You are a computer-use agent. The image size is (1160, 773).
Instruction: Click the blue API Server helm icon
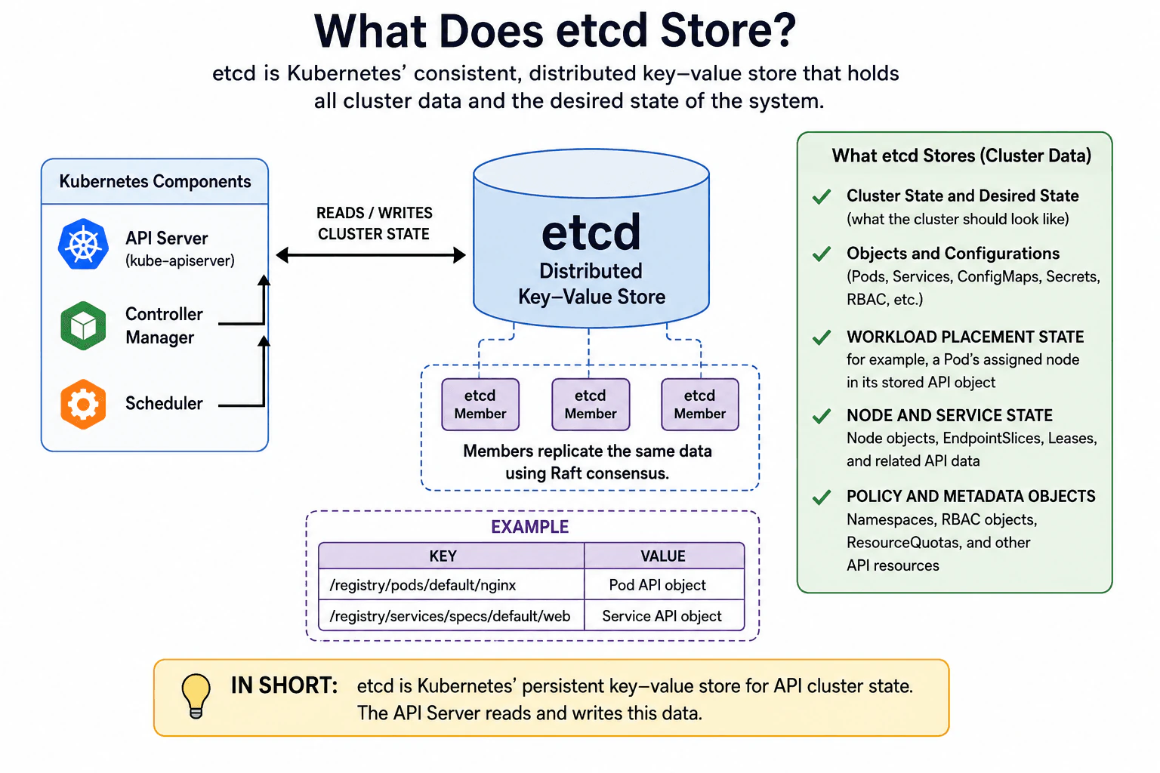pos(83,245)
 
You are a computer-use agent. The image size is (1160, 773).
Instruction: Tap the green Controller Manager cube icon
pos(83,325)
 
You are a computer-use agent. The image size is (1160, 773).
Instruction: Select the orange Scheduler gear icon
pos(83,405)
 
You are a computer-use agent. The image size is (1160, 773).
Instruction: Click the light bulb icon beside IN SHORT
pos(196,696)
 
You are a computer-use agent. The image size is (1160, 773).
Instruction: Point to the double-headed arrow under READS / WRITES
pos(371,254)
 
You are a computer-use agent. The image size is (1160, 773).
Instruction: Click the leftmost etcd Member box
pos(480,405)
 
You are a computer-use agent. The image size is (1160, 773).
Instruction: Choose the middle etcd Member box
pos(591,405)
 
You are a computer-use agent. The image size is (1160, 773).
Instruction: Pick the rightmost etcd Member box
pos(700,405)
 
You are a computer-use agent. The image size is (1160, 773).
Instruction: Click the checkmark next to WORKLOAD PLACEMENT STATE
pos(822,337)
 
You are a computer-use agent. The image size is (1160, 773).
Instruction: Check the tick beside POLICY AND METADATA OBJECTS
pos(822,497)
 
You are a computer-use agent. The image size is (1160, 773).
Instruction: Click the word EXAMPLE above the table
pos(529,527)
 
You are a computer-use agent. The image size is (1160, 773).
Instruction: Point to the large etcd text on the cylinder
pos(591,233)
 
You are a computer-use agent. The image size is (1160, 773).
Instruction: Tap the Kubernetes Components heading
pos(155,182)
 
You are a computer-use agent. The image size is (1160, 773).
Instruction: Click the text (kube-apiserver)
pos(180,260)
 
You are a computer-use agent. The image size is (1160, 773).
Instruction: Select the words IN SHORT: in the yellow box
pos(284,685)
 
